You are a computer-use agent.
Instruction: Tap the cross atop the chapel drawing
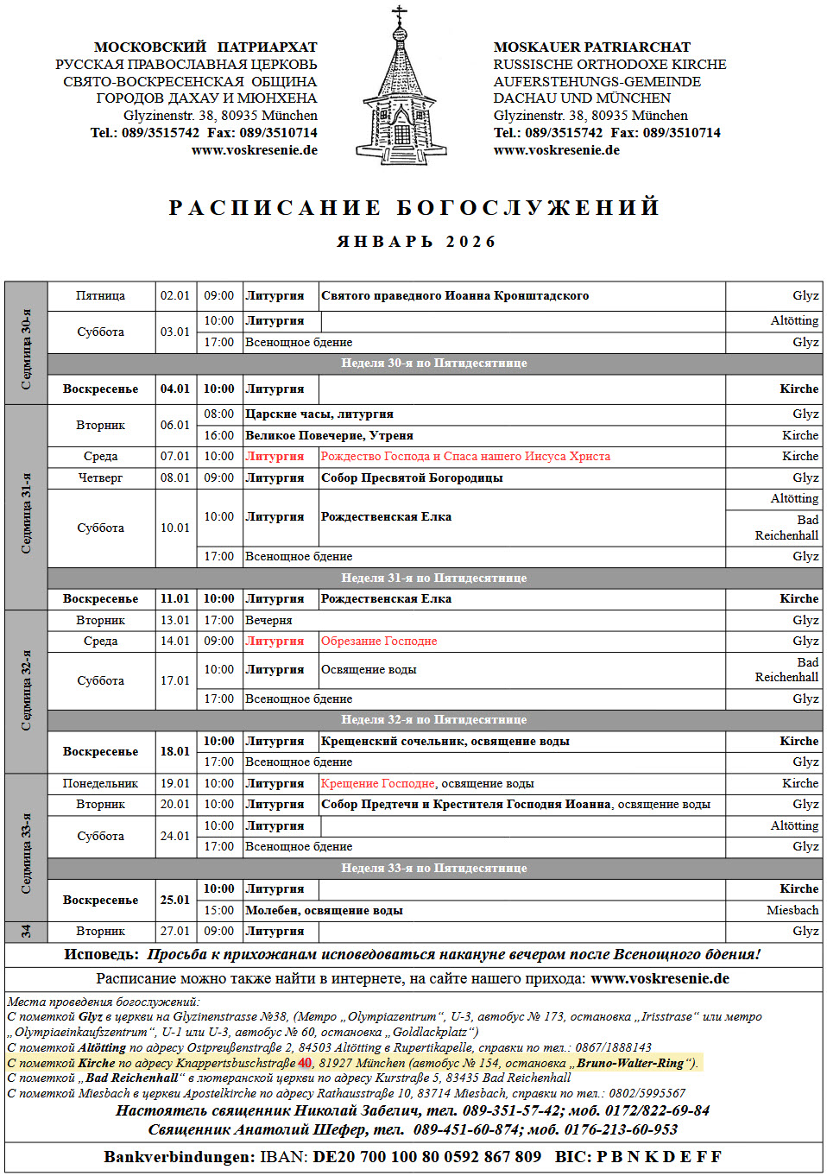(x=399, y=15)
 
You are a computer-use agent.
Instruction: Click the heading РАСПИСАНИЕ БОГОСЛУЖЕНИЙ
(x=414, y=208)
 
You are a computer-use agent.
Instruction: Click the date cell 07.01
(x=175, y=456)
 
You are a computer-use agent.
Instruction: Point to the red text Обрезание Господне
(x=379, y=641)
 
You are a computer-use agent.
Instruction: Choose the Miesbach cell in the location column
(x=792, y=910)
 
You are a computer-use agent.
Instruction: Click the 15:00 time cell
(x=218, y=910)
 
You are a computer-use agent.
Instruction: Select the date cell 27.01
(x=175, y=931)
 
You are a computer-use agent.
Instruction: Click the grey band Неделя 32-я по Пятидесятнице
(x=433, y=719)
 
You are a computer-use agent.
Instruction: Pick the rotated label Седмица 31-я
(x=26, y=513)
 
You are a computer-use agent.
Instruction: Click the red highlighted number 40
(x=305, y=1063)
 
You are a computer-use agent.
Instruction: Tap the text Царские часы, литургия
(x=319, y=414)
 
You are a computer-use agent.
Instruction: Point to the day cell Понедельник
(x=100, y=783)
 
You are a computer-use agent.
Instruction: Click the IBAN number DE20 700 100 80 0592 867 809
(x=427, y=1156)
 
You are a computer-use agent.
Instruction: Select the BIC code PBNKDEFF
(x=659, y=1156)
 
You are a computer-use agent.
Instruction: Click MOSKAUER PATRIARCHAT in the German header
(x=592, y=47)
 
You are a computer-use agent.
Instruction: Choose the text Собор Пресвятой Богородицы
(x=412, y=477)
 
